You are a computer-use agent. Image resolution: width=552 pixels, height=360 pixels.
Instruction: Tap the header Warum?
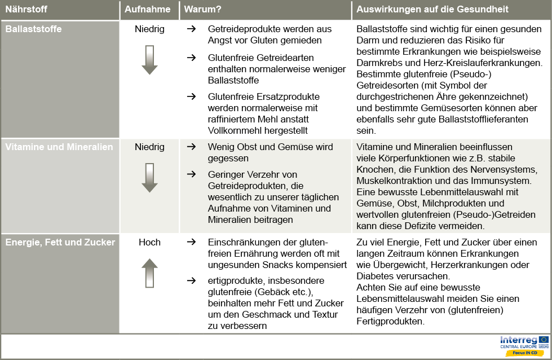tap(202, 10)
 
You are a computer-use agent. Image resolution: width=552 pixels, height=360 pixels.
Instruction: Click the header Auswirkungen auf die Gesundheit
tap(432, 10)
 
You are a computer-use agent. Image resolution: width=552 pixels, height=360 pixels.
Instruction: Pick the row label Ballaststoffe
tap(33, 29)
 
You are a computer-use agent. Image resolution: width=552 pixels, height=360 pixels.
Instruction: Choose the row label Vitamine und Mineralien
tap(59, 147)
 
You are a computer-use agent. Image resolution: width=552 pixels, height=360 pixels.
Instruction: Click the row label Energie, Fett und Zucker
tap(60, 242)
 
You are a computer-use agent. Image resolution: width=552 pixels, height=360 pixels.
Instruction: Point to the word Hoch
tap(149, 242)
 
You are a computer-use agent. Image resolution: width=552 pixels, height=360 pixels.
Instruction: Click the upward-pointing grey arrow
tap(149, 273)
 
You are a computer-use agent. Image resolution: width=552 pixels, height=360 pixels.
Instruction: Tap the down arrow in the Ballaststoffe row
tap(149, 60)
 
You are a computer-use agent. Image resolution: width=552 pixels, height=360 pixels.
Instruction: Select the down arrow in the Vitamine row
tap(149, 177)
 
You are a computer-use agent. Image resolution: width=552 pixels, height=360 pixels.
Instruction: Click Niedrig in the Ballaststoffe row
tap(149, 29)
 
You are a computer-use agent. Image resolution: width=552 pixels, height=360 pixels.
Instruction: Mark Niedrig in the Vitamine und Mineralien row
tap(149, 147)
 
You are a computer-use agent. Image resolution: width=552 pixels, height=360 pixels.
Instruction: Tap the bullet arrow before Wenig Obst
tap(191, 147)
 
